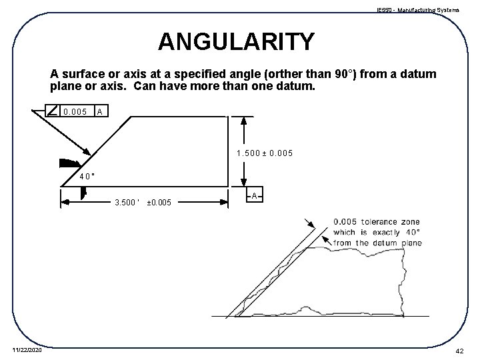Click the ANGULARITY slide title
coord(236,42)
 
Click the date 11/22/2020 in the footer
coord(27,350)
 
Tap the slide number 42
coord(459,350)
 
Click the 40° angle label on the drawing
coord(87,177)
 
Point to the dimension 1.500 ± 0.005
coord(265,154)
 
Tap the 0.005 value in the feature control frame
coord(75,111)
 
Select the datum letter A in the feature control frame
coord(99,111)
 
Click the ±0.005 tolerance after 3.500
coord(159,202)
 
